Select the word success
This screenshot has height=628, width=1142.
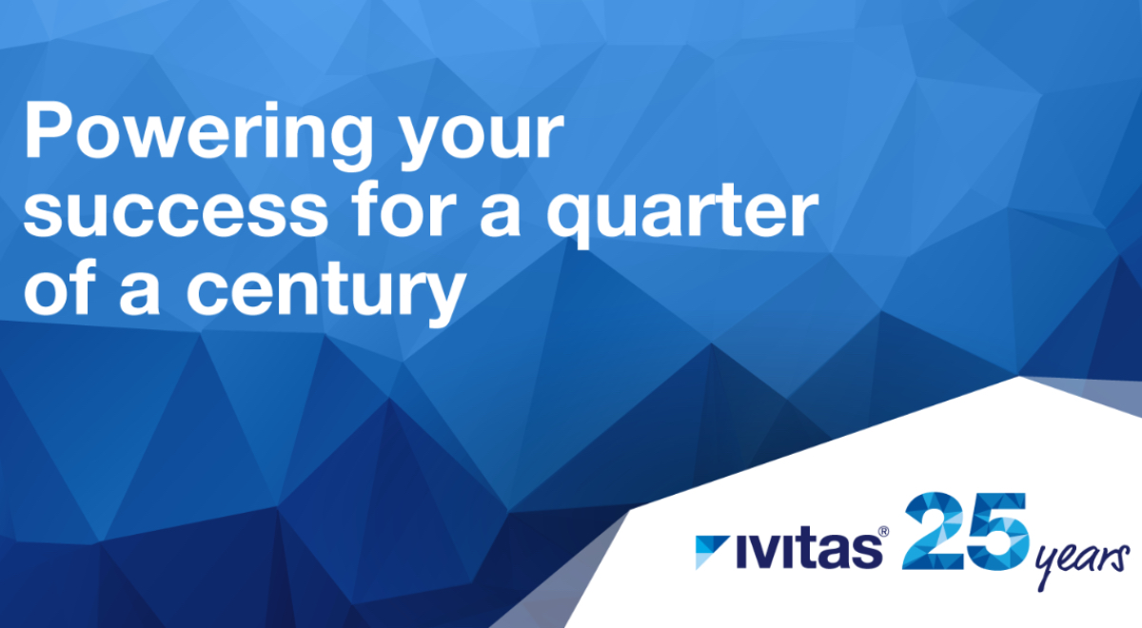tap(176, 212)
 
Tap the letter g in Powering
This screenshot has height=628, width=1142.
tap(345, 144)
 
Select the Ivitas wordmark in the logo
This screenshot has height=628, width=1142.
tap(809, 551)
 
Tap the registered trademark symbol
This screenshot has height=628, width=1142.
tap(883, 532)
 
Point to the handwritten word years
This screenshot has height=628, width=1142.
tap(1081, 563)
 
